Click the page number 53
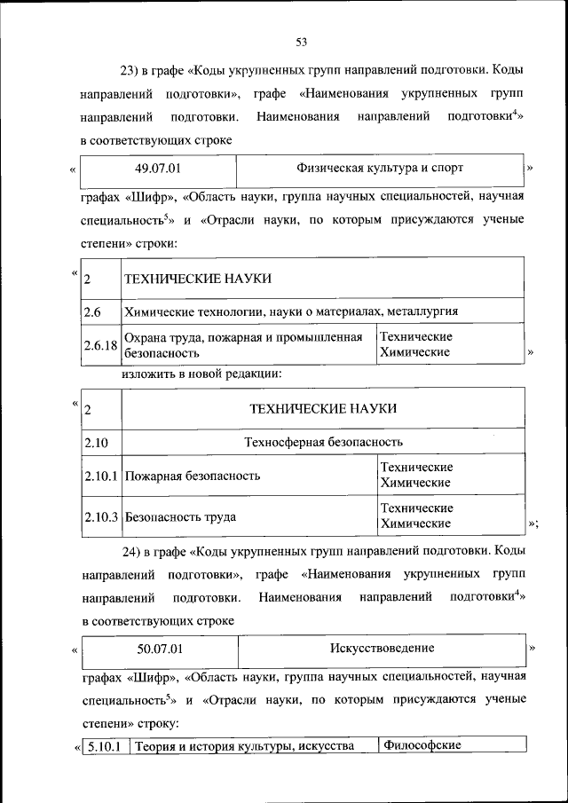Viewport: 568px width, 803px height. click(x=301, y=43)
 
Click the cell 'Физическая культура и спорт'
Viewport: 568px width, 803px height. click(x=380, y=167)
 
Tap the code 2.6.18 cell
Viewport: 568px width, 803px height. click(x=99, y=346)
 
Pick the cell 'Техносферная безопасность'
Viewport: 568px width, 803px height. click(x=323, y=441)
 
